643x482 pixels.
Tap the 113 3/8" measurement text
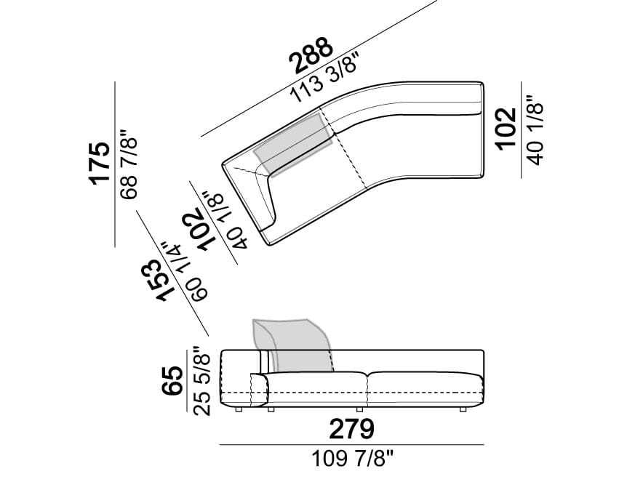(326, 78)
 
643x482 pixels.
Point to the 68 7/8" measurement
(128, 165)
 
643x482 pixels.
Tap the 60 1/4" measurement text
(185, 272)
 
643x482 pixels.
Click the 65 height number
(172, 381)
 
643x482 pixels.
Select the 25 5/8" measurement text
(201, 381)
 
